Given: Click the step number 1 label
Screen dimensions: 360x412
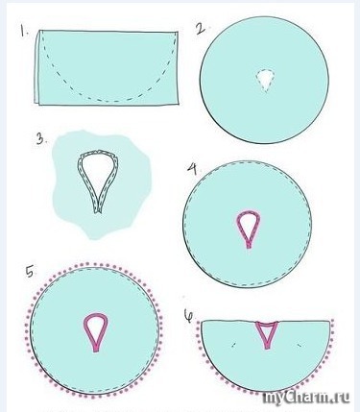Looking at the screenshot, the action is (24, 32).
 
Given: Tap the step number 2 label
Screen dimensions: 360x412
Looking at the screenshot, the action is (201, 29).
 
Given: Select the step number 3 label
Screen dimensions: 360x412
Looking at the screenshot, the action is (41, 139).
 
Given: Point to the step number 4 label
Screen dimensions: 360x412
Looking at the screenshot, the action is (192, 169).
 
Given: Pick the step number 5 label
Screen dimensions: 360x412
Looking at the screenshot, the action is (30, 272).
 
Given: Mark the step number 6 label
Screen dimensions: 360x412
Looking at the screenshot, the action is (189, 315).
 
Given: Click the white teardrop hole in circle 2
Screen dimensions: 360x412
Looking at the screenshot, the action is (265, 80).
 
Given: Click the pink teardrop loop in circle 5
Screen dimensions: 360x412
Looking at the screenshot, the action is (86, 333).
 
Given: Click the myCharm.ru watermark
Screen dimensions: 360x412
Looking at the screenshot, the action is (306, 398).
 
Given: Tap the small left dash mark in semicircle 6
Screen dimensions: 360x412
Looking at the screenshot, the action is (233, 345).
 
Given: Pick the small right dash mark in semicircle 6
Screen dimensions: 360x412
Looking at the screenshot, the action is (300, 345).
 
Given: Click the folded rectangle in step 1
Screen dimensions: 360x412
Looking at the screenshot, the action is (107, 67).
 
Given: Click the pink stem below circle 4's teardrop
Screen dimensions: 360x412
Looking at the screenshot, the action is (249, 244).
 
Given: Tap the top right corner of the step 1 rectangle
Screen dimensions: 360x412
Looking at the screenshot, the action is (178, 32).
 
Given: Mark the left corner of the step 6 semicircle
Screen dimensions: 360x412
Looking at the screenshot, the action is (202, 322).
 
